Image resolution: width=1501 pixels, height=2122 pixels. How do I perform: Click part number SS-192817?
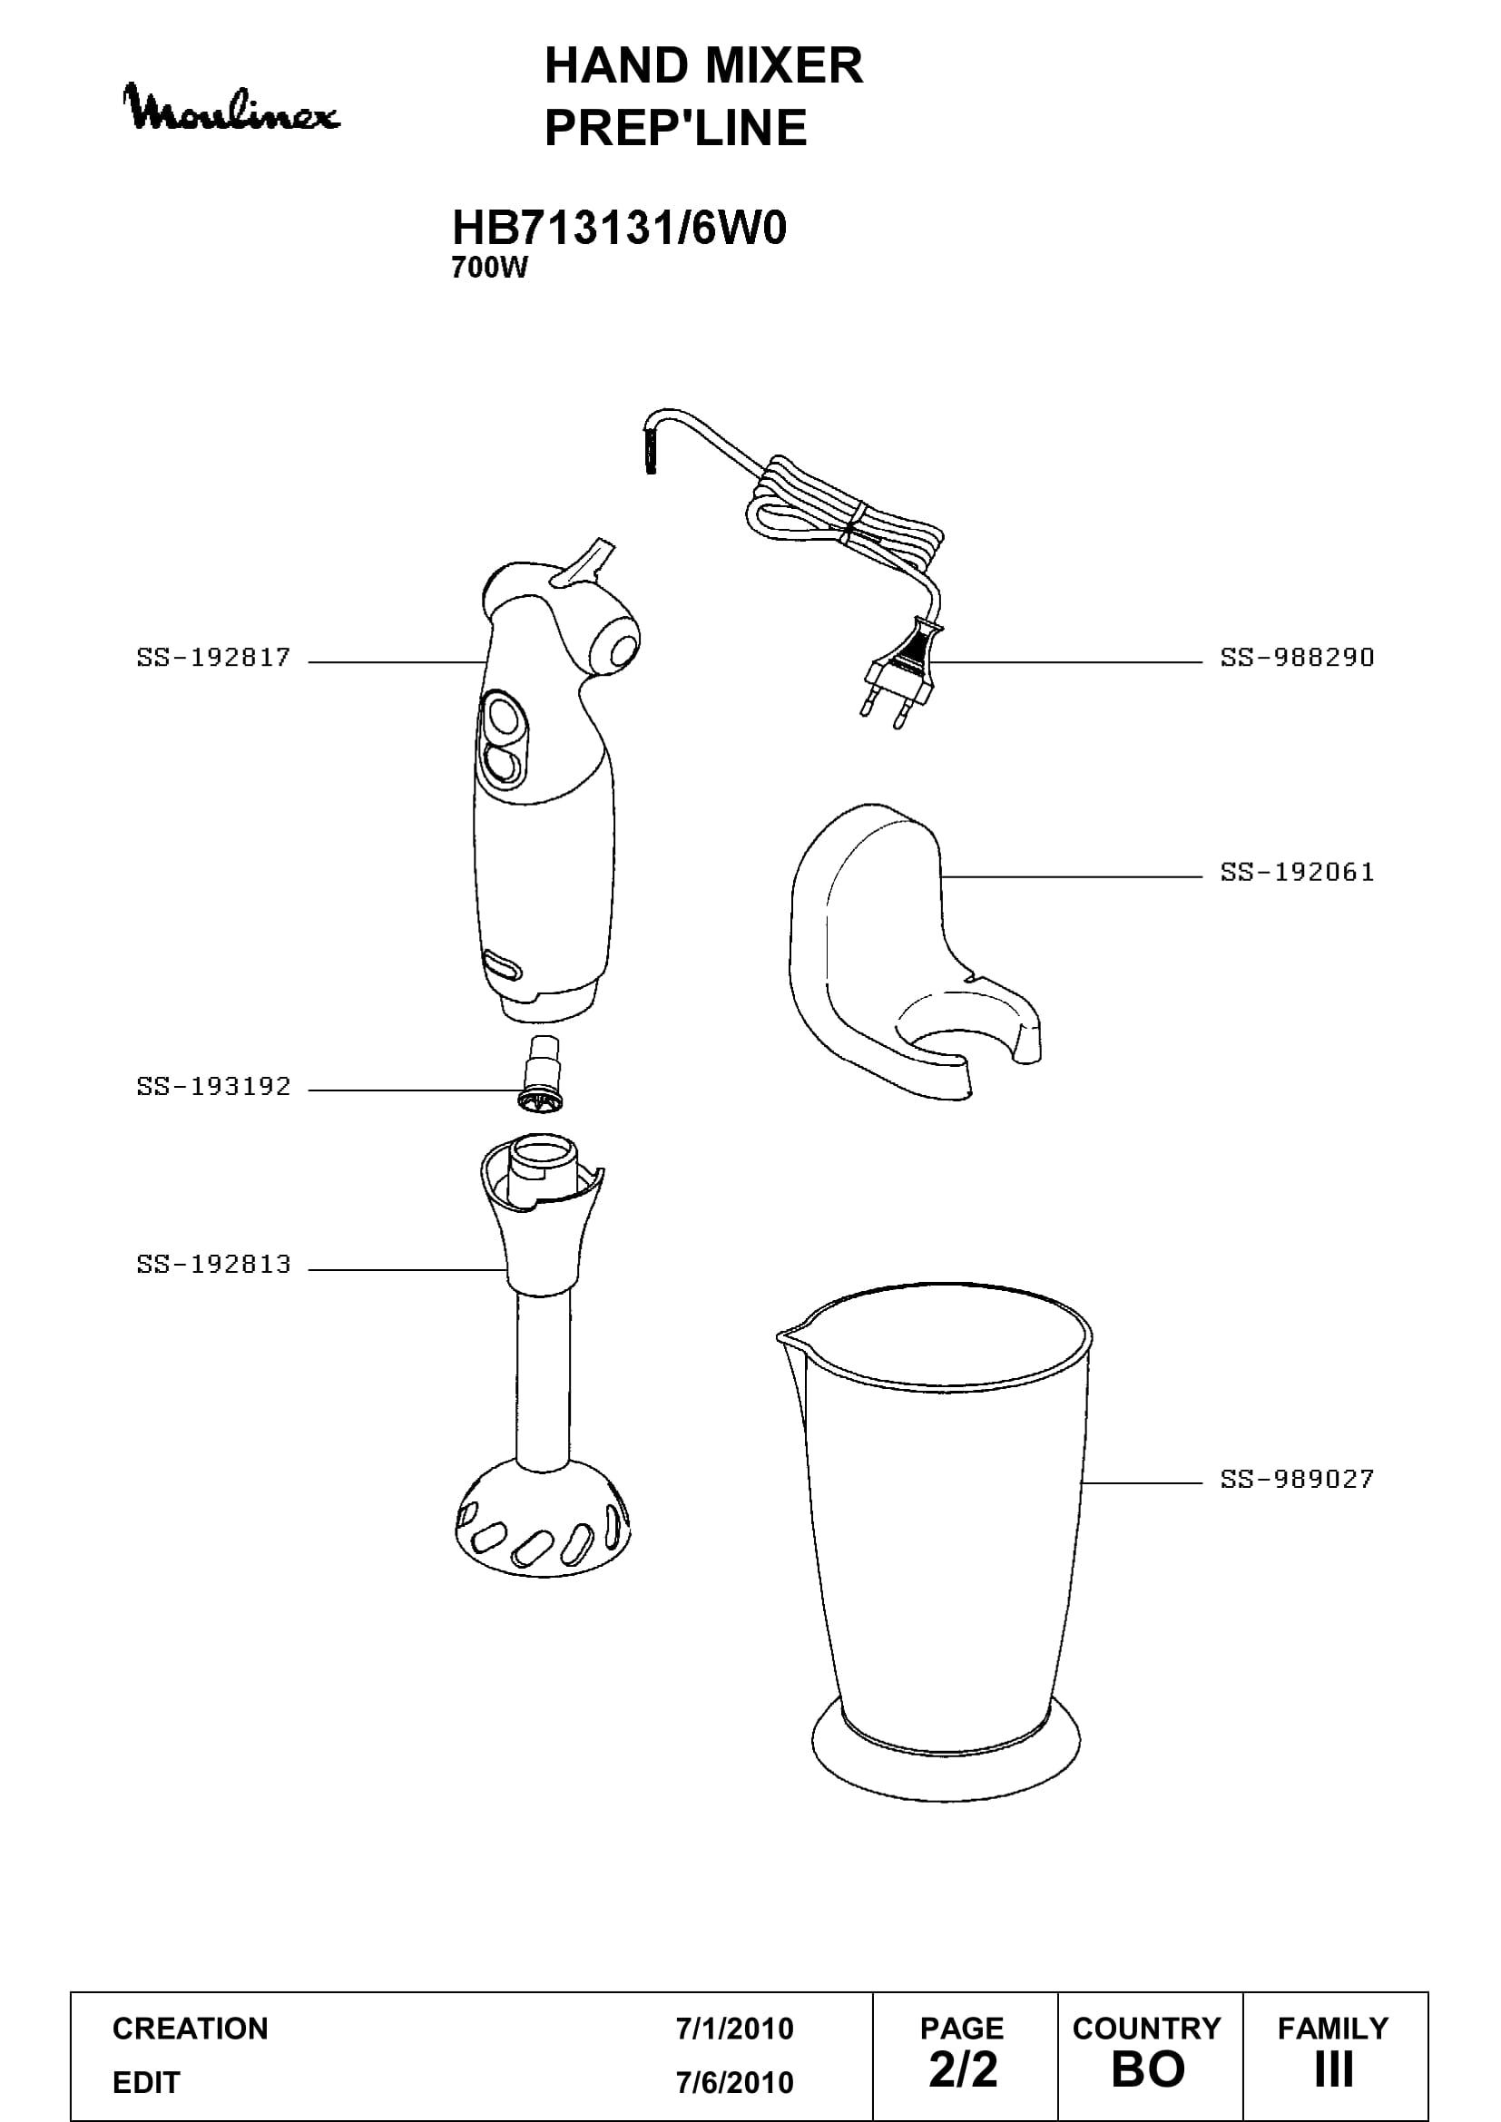click(x=213, y=658)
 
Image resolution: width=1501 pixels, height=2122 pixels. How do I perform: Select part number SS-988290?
click(x=1298, y=658)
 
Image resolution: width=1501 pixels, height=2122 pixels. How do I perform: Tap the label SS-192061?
click(x=1298, y=873)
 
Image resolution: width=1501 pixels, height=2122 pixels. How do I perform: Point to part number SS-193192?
click(x=213, y=1087)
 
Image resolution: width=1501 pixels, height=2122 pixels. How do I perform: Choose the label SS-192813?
click(x=213, y=1265)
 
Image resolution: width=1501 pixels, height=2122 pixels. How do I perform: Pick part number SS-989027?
click(x=1298, y=1479)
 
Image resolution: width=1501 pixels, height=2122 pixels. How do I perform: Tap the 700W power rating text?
click(x=489, y=268)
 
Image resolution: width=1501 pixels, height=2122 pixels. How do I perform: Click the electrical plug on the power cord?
click(x=902, y=670)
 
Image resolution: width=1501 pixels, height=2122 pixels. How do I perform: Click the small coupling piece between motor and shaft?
click(x=542, y=1075)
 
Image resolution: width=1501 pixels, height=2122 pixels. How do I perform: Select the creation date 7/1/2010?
click(x=735, y=2029)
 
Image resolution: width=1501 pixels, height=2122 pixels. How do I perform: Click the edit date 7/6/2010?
click(x=735, y=2082)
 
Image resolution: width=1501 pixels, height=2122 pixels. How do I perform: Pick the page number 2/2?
click(x=963, y=2069)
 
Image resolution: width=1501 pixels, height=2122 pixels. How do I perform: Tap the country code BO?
click(x=1148, y=2069)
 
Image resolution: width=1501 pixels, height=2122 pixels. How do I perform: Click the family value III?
click(x=1334, y=2069)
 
